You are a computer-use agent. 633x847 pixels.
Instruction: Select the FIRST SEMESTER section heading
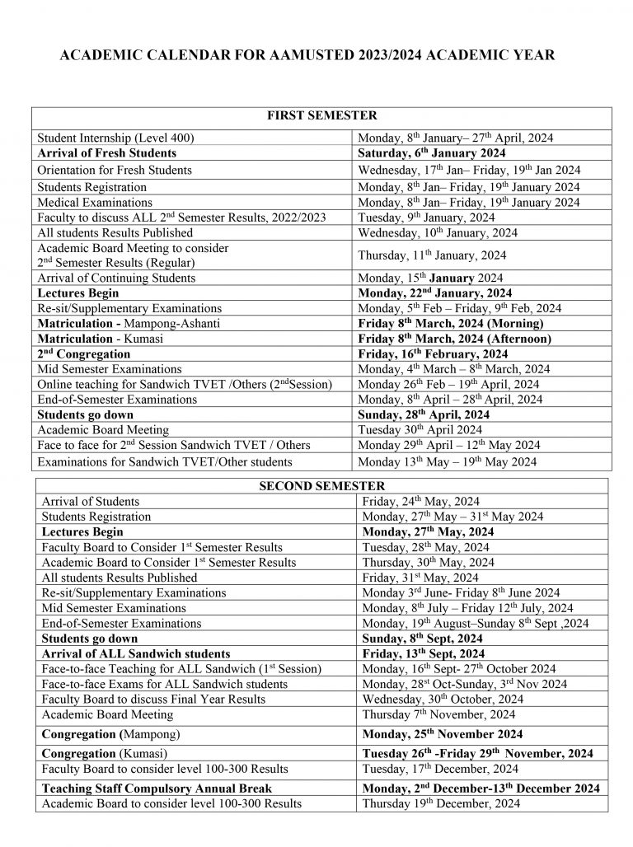(321, 116)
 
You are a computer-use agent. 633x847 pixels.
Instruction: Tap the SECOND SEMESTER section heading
(321, 486)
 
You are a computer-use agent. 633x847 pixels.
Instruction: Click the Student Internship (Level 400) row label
(116, 138)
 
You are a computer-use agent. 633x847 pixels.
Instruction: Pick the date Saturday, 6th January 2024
(431, 153)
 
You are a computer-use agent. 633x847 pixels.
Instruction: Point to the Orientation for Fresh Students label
(115, 170)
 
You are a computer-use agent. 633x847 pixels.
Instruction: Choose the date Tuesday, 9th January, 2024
(426, 218)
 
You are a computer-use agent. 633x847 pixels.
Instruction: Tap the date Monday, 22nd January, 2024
(434, 292)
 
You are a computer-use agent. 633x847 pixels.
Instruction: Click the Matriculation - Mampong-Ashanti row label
(129, 323)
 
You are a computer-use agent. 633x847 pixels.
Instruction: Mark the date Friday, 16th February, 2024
(434, 353)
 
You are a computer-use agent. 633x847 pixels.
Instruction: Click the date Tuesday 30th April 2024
(421, 429)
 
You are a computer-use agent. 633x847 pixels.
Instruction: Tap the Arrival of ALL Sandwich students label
(124, 653)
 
